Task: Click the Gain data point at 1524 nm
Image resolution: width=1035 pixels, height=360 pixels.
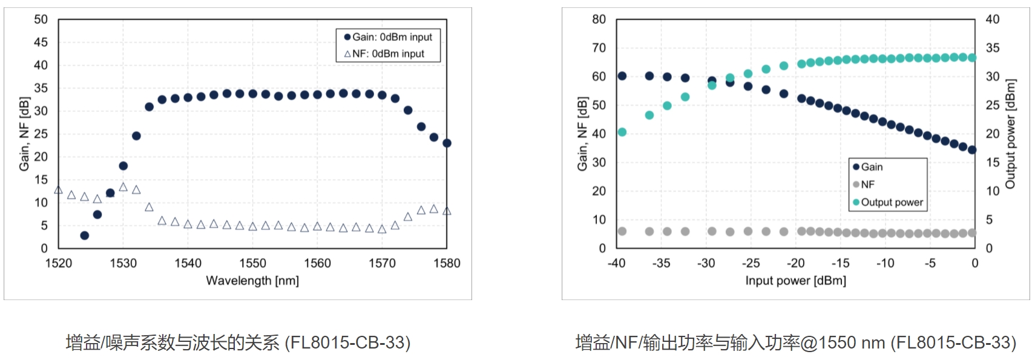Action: click(x=84, y=235)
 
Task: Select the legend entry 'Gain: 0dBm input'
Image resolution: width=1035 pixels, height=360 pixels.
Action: click(x=388, y=37)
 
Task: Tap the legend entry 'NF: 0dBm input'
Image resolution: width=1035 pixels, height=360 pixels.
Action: click(x=384, y=53)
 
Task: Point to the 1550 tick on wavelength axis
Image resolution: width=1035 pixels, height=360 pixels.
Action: click(x=252, y=263)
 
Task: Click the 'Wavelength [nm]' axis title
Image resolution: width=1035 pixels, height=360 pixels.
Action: click(x=252, y=281)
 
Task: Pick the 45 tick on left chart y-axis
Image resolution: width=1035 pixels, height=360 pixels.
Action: click(x=41, y=42)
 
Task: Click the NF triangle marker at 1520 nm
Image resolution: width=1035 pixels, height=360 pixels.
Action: click(x=58, y=190)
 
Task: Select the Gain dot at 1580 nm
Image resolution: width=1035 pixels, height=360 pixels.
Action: click(x=447, y=143)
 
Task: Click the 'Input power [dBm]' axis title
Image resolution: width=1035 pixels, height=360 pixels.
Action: click(x=795, y=281)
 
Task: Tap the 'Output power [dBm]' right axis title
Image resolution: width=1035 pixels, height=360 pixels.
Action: click(x=1010, y=134)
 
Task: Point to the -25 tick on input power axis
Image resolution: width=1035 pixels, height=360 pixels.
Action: click(x=751, y=263)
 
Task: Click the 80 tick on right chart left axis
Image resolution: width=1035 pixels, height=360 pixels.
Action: click(x=599, y=19)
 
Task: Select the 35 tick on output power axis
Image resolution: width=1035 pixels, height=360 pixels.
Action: click(x=993, y=48)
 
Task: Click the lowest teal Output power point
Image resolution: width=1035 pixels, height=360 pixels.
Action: click(x=622, y=132)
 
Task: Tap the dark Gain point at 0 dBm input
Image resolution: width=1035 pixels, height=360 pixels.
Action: click(x=972, y=150)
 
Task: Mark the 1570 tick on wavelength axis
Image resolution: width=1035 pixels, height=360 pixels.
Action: click(x=382, y=263)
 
